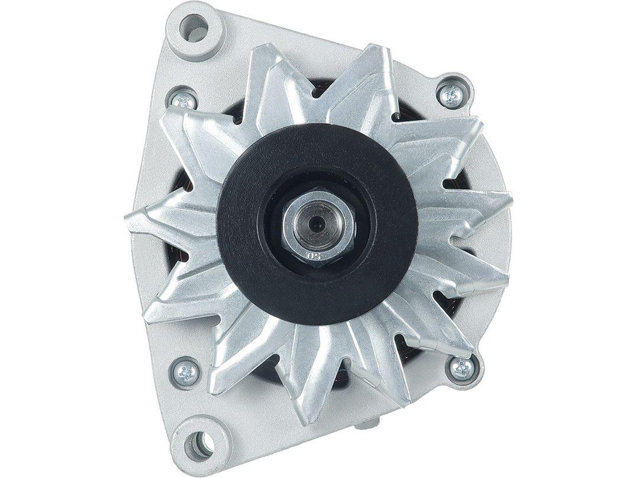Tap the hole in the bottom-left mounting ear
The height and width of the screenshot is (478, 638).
(199, 440)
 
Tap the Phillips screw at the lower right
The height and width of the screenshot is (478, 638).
(461, 368)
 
